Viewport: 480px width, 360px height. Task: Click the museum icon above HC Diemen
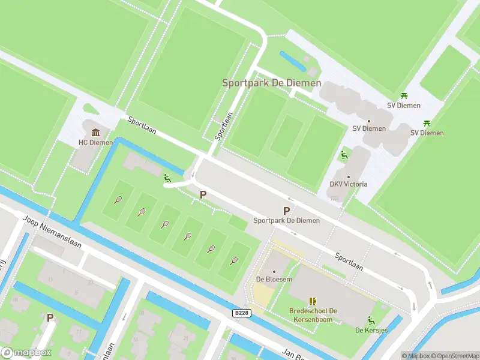(95, 133)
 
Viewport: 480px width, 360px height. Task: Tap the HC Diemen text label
(95, 142)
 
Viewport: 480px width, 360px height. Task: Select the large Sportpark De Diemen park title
(272, 83)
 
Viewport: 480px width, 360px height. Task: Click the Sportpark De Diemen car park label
(286, 220)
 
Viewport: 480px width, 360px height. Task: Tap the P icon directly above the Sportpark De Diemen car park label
(286, 211)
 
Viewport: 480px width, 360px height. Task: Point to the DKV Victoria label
(349, 184)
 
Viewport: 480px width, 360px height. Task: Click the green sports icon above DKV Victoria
(344, 155)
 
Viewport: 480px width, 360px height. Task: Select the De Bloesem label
(274, 279)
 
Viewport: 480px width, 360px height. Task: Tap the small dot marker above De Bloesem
(274, 271)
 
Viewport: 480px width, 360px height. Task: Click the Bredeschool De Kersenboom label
(313, 315)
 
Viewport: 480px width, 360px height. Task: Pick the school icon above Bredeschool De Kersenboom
(313, 301)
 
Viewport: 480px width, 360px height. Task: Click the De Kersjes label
(370, 330)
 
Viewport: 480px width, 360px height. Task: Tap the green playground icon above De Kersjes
(371, 320)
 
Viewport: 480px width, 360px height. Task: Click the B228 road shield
(241, 313)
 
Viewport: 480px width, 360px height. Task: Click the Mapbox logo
(26, 352)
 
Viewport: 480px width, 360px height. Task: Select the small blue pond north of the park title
(292, 60)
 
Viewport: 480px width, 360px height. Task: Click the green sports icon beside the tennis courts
(167, 178)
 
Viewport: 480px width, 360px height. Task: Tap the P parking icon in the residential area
(50, 317)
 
